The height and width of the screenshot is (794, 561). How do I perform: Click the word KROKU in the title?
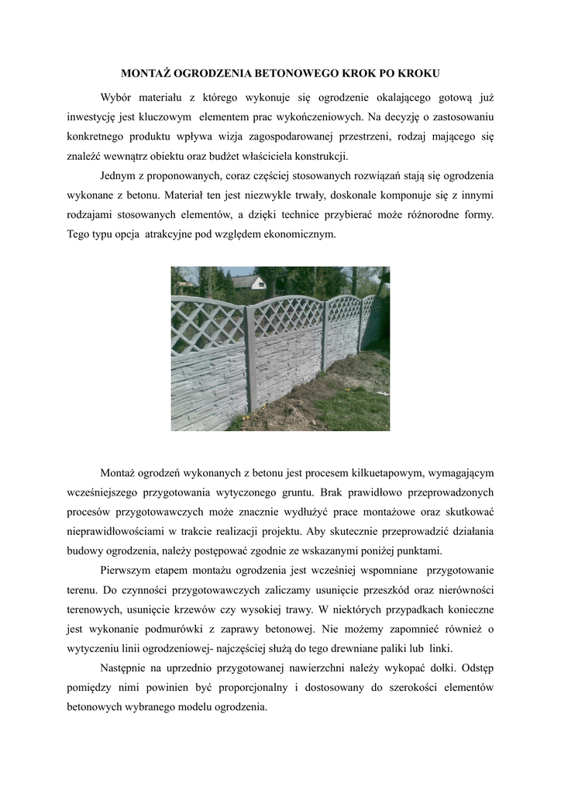tap(419, 74)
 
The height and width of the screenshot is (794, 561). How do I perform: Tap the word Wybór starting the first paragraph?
tap(118, 97)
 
